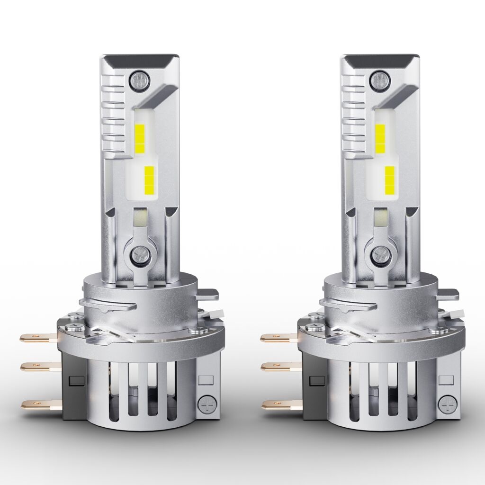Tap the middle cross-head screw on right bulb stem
click(x=380, y=254)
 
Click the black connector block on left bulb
click(x=72, y=384)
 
